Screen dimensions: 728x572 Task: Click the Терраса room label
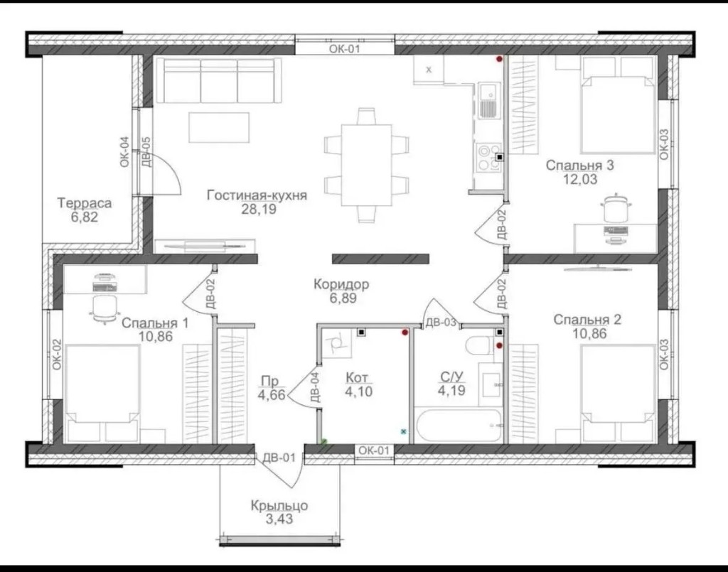click(x=85, y=203)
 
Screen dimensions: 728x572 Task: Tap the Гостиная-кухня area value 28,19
click(x=259, y=209)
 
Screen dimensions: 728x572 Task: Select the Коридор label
click(x=341, y=284)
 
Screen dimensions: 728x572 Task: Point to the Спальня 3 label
click(x=579, y=165)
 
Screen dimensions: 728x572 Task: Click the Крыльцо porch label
click(x=279, y=505)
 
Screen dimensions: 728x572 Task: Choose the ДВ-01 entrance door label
click(x=279, y=458)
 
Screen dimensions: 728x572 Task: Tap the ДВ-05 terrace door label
click(x=146, y=151)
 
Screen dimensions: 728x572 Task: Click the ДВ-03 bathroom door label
click(x=441, y=322)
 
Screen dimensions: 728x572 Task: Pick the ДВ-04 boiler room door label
click(x=314, y=387)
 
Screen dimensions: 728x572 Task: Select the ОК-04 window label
click(x=124, y=151)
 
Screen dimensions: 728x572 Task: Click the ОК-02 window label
click(x=57, y=355)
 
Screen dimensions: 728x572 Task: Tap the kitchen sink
click(x=488, y=101)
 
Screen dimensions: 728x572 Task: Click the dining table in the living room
click(x=366, y=165)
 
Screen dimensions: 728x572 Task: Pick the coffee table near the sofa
click(x=219, y=127)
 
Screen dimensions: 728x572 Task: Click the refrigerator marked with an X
click(x=429, y=70)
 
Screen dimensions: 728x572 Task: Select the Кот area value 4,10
click(x=358, y=392)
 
